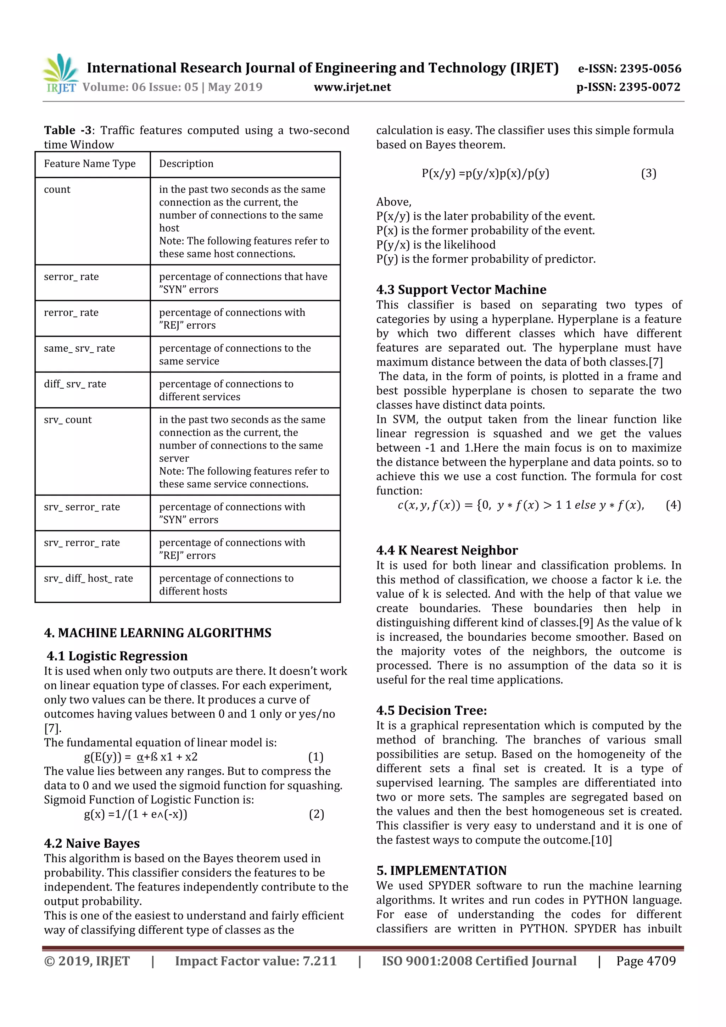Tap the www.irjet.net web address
click(352, 87)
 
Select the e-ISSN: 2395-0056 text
click(629, 68)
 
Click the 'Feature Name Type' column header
click(89, 164)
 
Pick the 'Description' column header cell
click(186, 164)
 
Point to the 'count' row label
click(57, 190)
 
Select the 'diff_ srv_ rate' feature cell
click(75, 384)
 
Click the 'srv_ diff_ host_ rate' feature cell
click(89, 578)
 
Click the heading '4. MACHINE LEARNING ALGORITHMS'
click(157, 633)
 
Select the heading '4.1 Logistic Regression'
click(117, 656)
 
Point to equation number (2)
click(316, 814)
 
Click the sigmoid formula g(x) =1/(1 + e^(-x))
click(135, 814)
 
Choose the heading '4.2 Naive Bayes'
click(92, 844)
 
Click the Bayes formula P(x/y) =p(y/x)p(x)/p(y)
click(485, 174)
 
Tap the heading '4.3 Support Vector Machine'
click(461, 290)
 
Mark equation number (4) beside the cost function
click(673, 506)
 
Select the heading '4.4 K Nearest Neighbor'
click(447, 551)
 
